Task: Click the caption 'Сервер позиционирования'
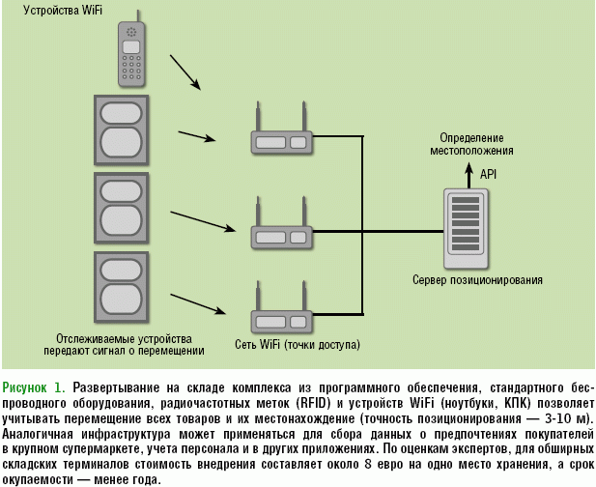coord(477,280)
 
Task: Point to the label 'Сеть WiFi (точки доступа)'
coord(297,344)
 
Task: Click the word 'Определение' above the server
coord(471,138)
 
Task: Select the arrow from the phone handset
coord(185,72)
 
